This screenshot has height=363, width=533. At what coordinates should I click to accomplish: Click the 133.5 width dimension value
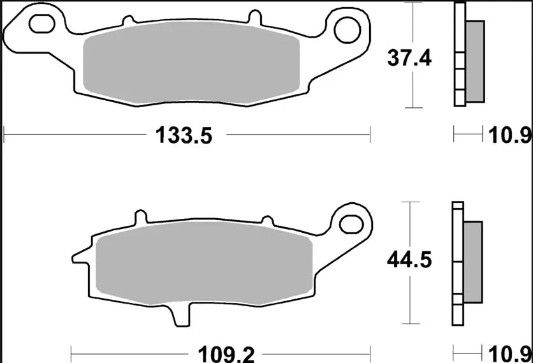(x=182, y=136)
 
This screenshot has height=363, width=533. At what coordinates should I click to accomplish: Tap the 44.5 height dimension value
(x=409, y=260)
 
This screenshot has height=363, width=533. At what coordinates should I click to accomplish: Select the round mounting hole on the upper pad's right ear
(x=351, y=26)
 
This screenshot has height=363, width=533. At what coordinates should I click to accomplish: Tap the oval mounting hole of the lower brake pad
(x=349, y=223)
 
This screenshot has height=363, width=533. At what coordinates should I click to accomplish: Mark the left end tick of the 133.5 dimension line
(x=4, y=135)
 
